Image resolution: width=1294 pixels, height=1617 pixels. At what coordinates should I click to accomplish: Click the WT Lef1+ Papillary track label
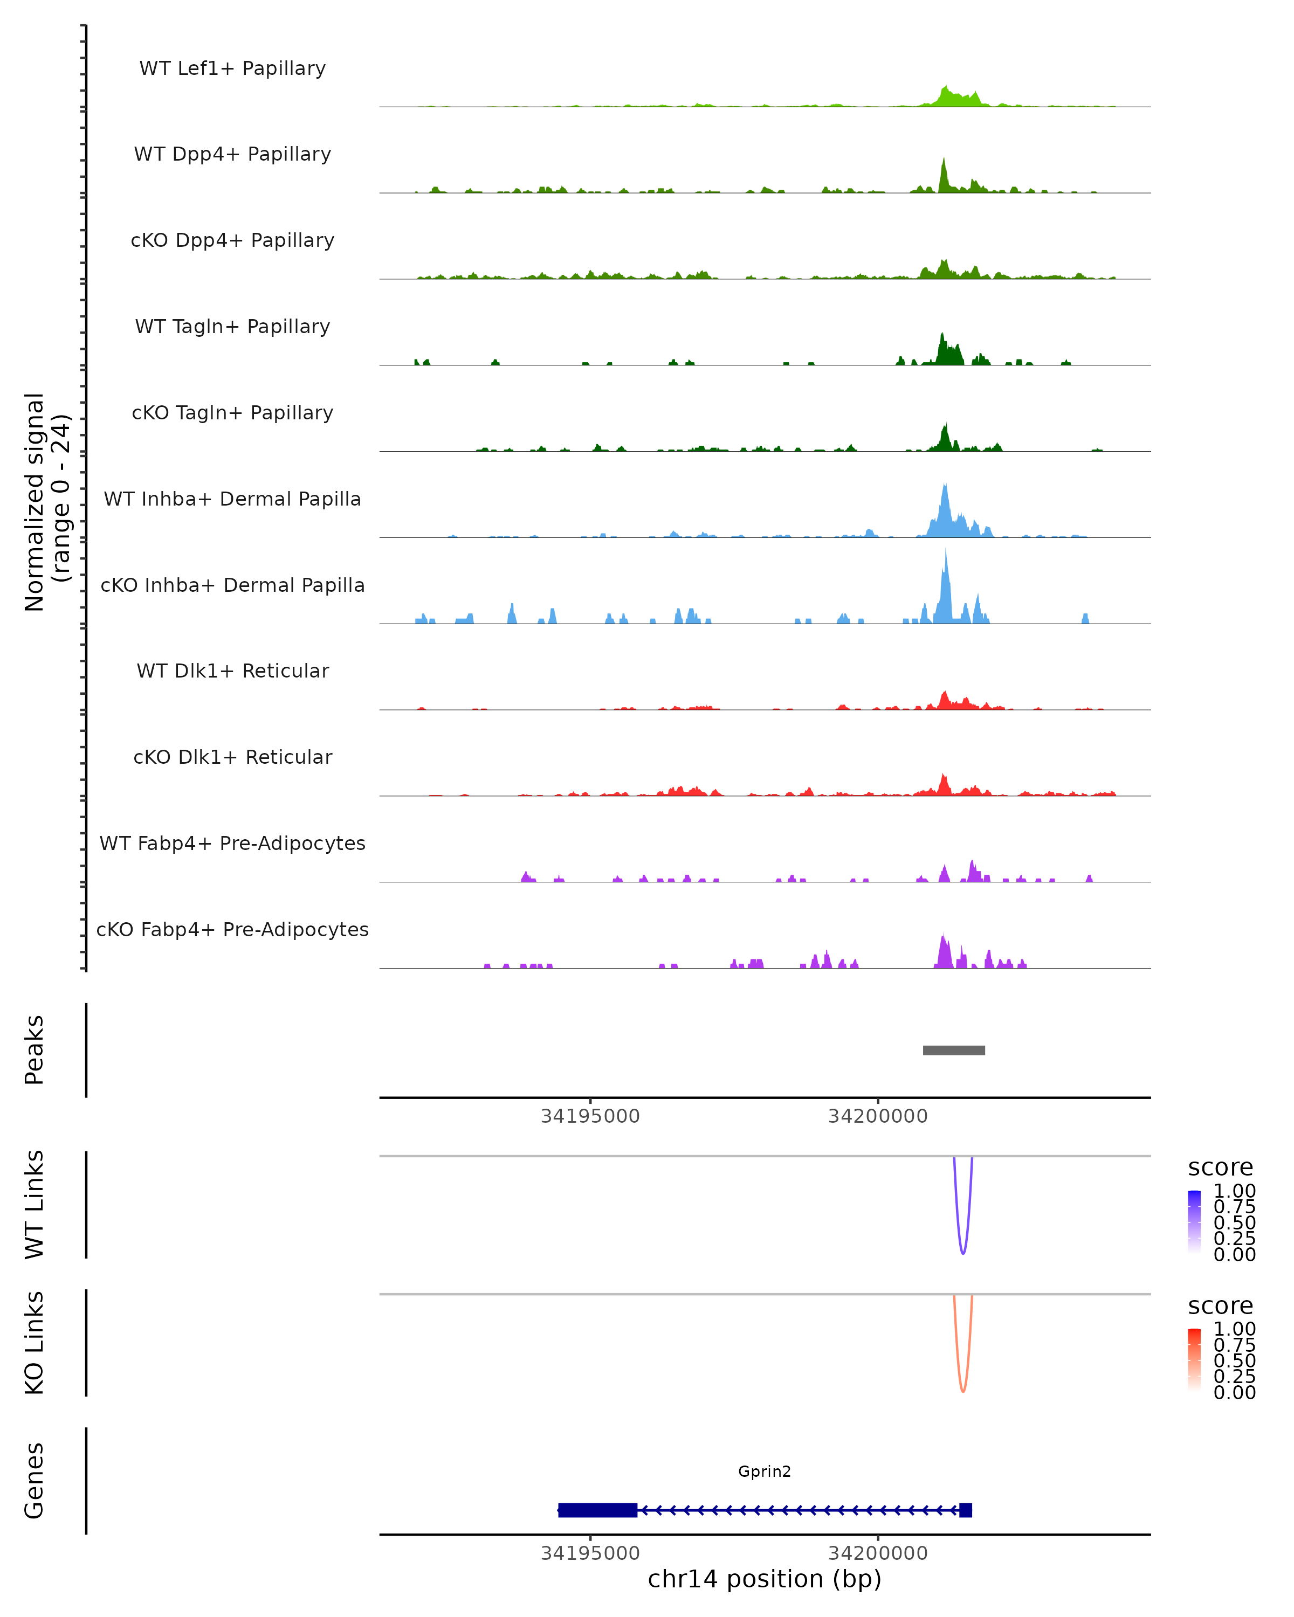pos(232,68)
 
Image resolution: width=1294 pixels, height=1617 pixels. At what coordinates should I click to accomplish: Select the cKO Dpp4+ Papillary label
pos(232,241)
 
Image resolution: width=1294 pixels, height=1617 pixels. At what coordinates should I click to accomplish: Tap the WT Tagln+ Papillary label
pos(232,327)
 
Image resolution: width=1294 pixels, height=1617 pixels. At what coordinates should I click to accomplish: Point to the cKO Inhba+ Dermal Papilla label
pos(232,586)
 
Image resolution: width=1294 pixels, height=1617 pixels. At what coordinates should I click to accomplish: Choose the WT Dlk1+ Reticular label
pos(232,671)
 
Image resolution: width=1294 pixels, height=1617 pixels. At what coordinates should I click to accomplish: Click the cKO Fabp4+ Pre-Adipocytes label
pos(232,930)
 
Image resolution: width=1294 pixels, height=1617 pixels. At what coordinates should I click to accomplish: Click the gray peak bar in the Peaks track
pos(953,1051)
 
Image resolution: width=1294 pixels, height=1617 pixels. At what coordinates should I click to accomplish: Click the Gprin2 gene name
pos(765,1471)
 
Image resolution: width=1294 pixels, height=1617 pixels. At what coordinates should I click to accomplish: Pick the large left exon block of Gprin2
pos(598,1510)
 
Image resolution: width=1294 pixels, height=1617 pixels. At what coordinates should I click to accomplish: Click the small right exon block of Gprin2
pos(966,1510)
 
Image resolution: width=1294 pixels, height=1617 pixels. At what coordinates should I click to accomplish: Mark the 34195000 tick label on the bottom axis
pos(590,1553)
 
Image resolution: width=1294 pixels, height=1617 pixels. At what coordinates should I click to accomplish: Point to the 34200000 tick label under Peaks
pos(878,1117)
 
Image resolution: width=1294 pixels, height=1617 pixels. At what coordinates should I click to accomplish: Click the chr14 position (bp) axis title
pos(765,1579)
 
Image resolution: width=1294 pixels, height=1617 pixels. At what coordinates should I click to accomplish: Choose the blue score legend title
pos(1221,1168)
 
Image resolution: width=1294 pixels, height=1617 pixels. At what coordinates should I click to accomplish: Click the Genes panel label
pos(35,1481)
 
